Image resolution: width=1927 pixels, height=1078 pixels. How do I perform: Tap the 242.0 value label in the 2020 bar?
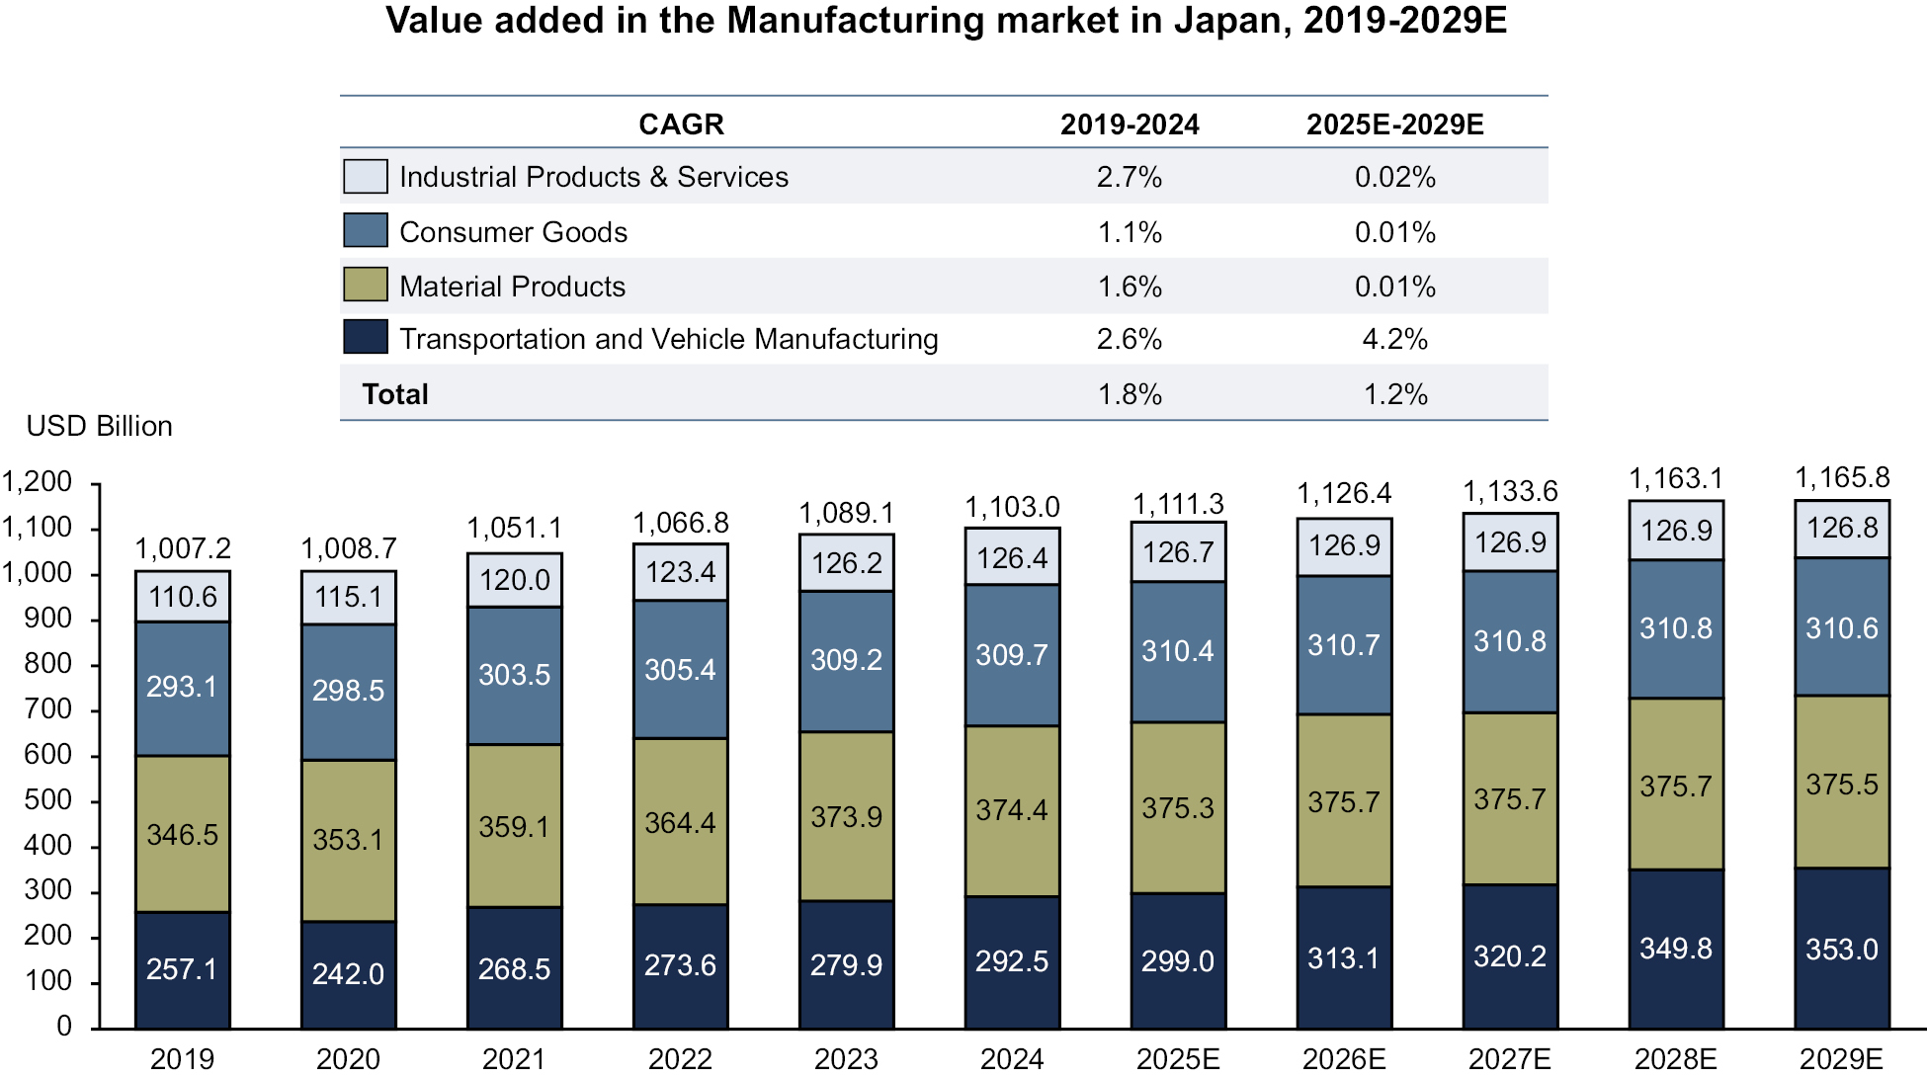[348, 974]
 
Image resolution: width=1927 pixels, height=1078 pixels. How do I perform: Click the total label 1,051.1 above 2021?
[514, 529]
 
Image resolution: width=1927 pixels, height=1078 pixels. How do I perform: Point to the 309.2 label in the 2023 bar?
[846, 660]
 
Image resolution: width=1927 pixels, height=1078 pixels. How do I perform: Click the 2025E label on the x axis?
[1178, 1059]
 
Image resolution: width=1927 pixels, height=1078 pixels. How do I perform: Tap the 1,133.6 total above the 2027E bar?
[1510, 492]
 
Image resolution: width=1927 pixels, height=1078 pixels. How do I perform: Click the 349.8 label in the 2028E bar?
[1676, 950]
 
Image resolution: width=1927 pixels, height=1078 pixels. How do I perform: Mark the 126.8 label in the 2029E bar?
[1842, 528]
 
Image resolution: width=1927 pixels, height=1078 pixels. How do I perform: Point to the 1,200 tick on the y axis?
[38, 482]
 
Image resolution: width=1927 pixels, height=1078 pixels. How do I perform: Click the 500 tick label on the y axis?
[48, 800]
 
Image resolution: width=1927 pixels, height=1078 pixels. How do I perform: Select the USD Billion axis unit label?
[99, 426]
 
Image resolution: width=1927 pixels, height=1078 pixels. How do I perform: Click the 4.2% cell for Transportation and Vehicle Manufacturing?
[1394, 340]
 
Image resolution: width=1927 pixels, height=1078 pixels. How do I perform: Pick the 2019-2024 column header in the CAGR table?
[1130, 124]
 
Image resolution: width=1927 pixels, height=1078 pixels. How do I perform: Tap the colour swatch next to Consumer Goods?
[365, 231]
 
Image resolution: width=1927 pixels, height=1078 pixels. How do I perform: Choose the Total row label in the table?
[395, 394]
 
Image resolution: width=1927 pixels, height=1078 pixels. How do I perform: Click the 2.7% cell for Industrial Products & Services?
[1130, 178]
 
